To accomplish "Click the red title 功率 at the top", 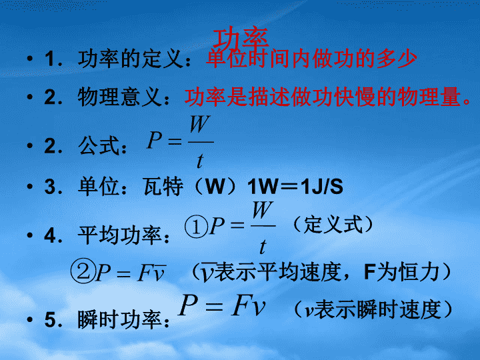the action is tap(241, 39).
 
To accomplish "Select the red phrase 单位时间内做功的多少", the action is tap(311, 59).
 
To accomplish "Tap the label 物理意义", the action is tap(120, 97).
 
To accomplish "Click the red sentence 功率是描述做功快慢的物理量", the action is tap(323, 97).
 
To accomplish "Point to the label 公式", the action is tap(99, 146).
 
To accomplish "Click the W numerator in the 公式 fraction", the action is tap(200, 124).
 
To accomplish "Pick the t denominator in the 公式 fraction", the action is tap(200, 161).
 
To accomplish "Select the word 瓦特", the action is tap(163, 186).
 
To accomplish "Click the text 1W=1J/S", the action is tap(295, 187).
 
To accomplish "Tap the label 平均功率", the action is tap(120, 235).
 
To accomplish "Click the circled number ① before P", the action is tap(196, 227).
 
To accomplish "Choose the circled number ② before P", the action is tap(82, 271).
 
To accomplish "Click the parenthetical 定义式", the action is tap(333, 225).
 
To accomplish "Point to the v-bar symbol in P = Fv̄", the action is tap(160, 273).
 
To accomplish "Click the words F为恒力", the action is tap(401, 272).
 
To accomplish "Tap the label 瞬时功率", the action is tap(120, 319).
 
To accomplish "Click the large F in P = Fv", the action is tap(243, 305).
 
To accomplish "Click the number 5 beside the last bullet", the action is tap(50, 320).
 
